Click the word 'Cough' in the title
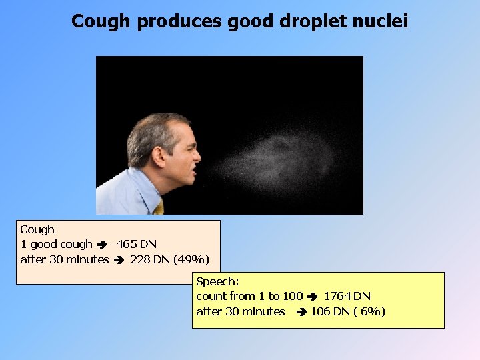tap(101, 21)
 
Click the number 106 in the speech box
tap(321, 311)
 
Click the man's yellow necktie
tap(159, 207)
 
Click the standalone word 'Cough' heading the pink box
tap(37, 229)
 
